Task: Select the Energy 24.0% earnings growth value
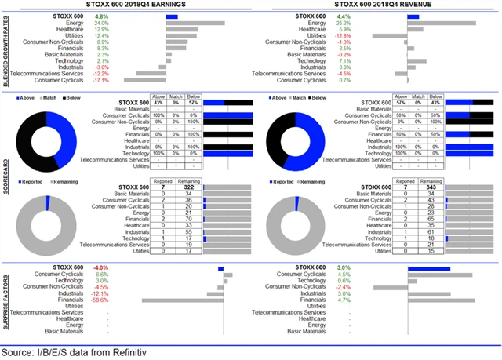coord(101,24)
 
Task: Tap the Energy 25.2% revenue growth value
coord(342,24)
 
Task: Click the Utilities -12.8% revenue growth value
coord(342,35)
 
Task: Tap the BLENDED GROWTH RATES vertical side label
coord(6,49)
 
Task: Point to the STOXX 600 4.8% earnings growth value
coord(101,16)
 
